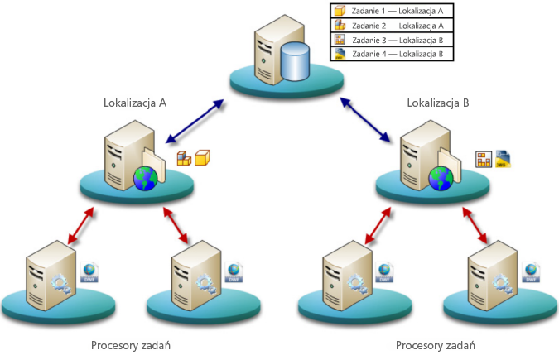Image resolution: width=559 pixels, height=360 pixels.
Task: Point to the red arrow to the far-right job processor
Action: pos(482,226)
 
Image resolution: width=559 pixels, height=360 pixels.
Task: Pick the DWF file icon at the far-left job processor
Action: pos(90,271)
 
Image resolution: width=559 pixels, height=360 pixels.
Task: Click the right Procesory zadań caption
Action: pos(436,344)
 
